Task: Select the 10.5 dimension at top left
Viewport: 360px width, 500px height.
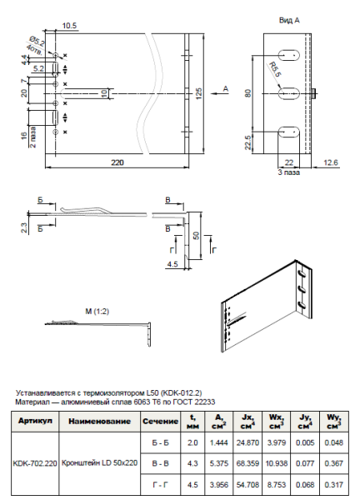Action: pos(71,27)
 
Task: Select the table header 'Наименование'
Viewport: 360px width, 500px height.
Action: pos(100,422)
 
